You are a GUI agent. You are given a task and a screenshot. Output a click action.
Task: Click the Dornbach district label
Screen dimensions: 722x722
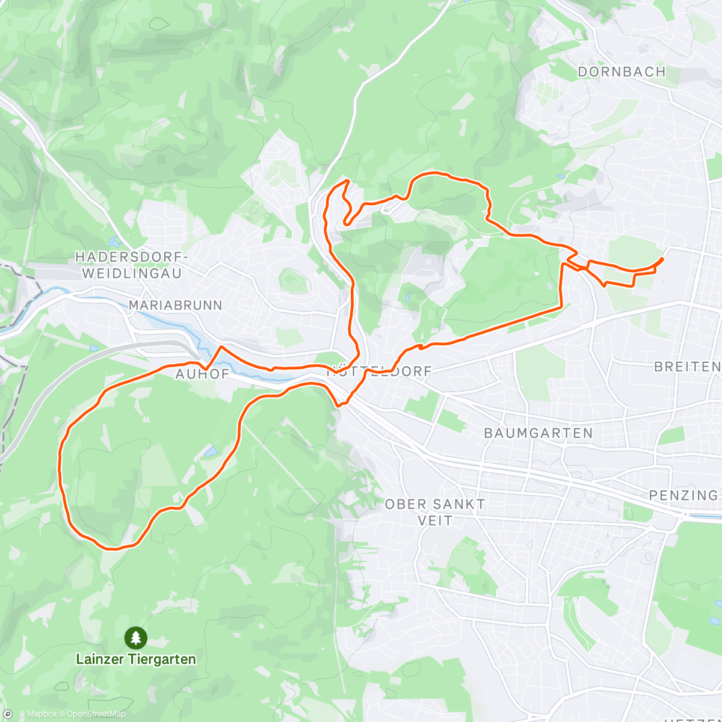[622, 72]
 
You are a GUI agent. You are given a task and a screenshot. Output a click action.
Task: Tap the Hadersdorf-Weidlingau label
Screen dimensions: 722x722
[131, 265]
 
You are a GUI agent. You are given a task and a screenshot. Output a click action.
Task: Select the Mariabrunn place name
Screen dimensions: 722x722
[175, 305]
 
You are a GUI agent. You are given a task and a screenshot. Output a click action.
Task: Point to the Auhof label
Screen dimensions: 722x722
[202, 374]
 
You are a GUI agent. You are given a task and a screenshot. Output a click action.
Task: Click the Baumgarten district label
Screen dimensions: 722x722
[538, 433]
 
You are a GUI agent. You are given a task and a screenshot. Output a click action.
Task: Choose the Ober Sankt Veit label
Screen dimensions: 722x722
[434, 512]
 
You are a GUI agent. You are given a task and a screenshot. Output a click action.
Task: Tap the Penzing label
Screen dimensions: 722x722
[683, 495]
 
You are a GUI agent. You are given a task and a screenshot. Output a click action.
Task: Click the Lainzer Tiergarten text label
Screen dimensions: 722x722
[136, 659]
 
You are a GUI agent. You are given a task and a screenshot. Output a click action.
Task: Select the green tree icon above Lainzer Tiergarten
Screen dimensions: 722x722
[136, 637]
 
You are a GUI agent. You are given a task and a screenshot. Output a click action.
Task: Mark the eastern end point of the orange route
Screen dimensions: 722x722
[662, 259]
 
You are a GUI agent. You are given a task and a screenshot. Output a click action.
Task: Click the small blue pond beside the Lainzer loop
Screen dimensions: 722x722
[210, 451]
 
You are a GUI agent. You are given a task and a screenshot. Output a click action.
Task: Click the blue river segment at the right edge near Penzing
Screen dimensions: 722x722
[704, 516]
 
